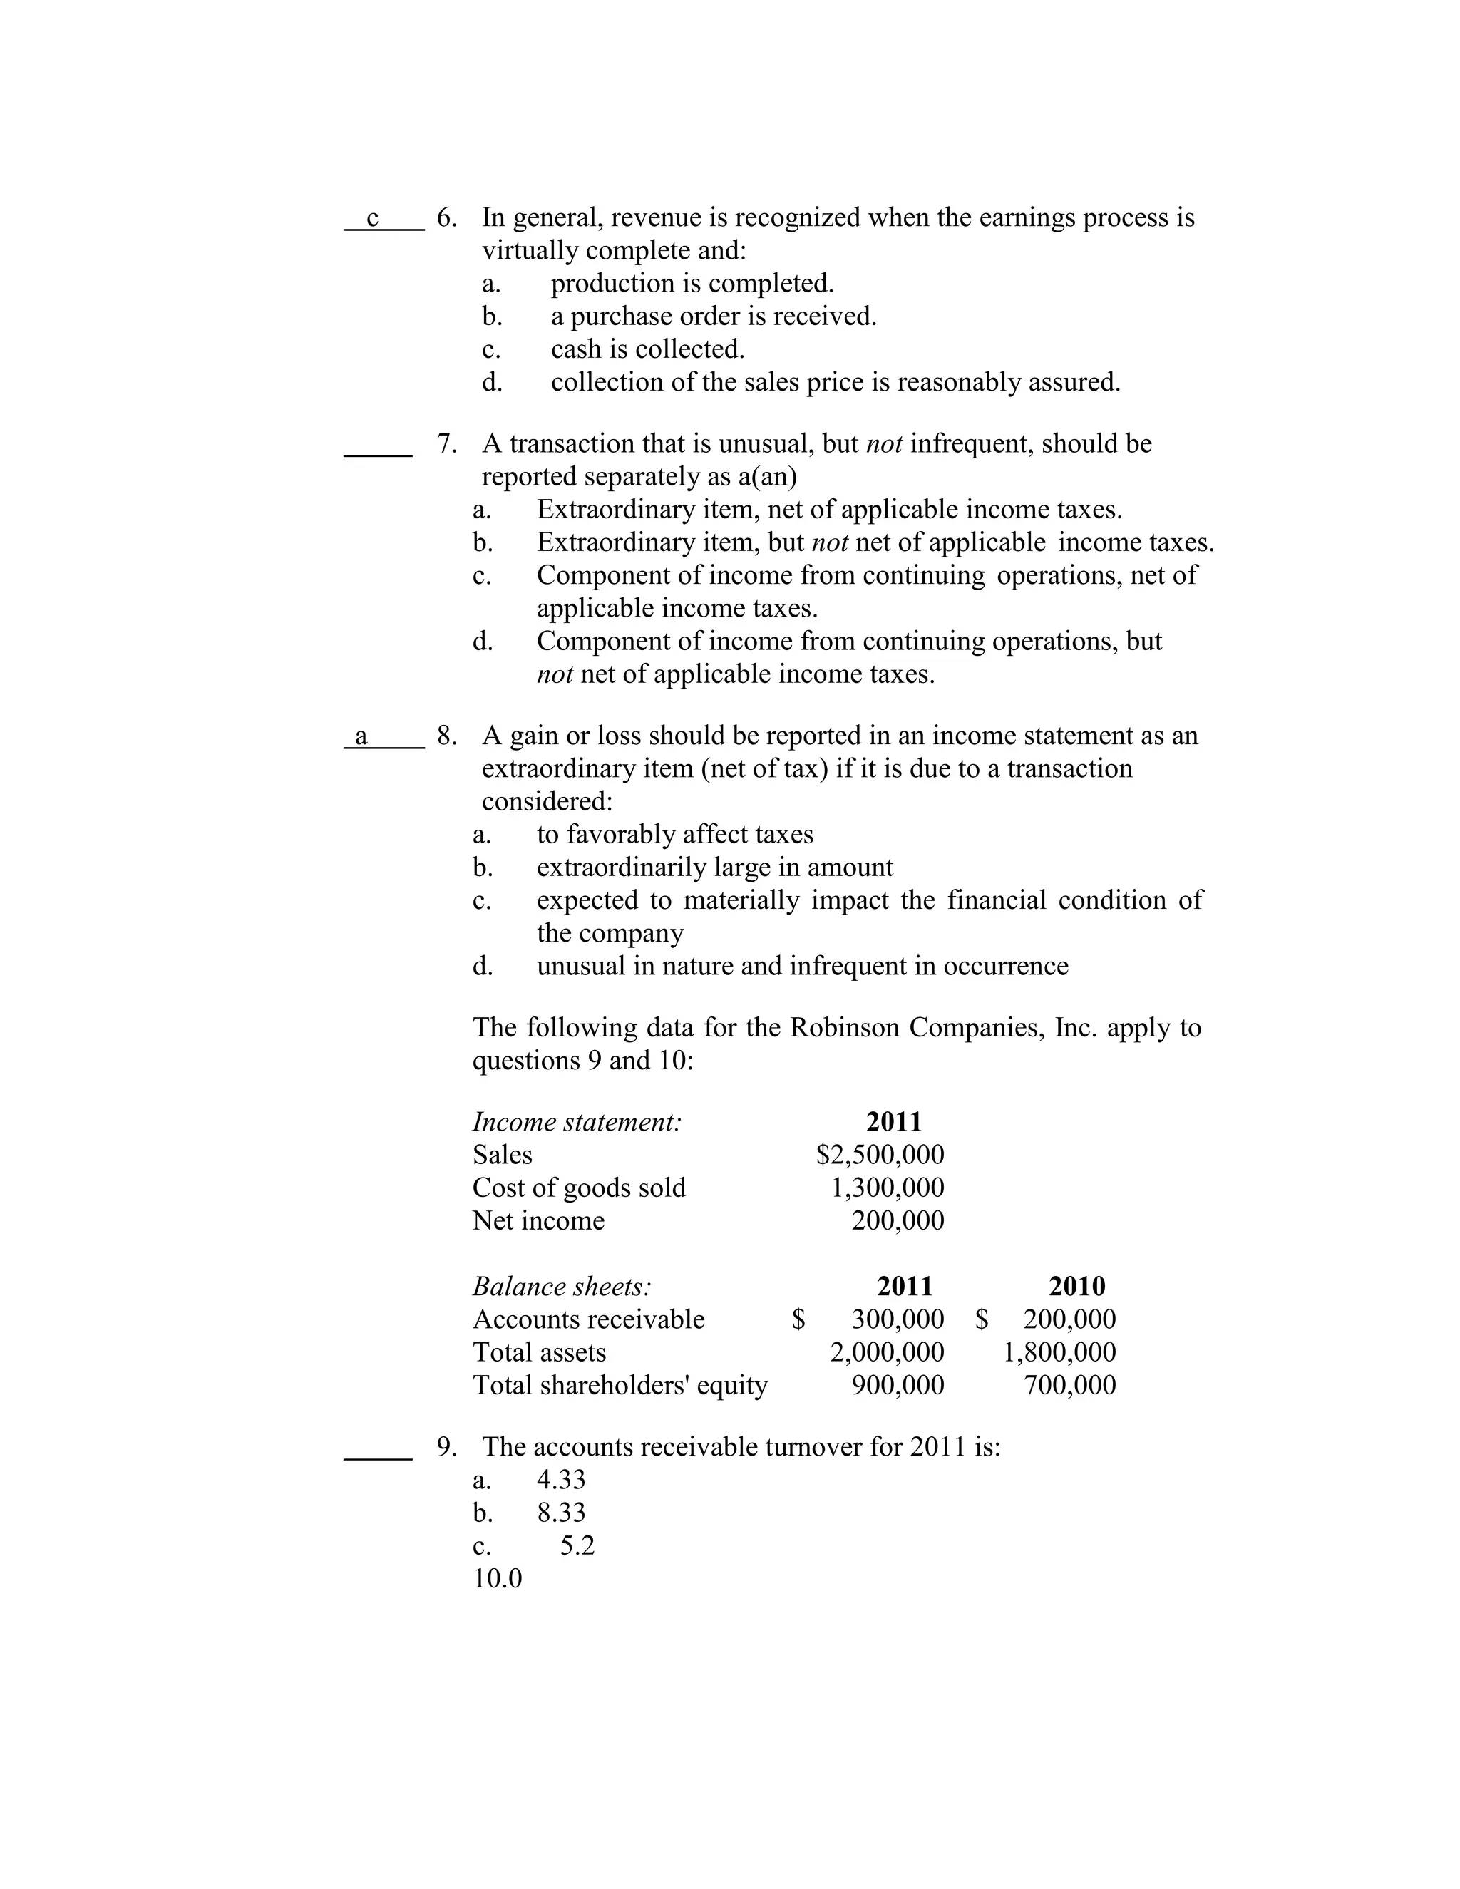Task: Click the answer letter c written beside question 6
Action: click(373, 219)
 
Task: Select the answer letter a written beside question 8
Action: click(361, 737)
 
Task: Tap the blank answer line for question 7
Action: click(378, 453)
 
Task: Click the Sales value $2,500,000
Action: click(880, 1155)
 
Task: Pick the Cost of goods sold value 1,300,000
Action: click(888, 1188)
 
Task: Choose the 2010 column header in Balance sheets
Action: click(1077, 1286)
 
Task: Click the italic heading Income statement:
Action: click(577, 1122)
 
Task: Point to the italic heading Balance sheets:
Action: click(562, 1286)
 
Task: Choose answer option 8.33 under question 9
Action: click(561, 1512)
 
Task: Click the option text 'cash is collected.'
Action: click(648, 349)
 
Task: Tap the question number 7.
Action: click(446, 443)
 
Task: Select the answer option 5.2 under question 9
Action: click(577, 1545)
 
